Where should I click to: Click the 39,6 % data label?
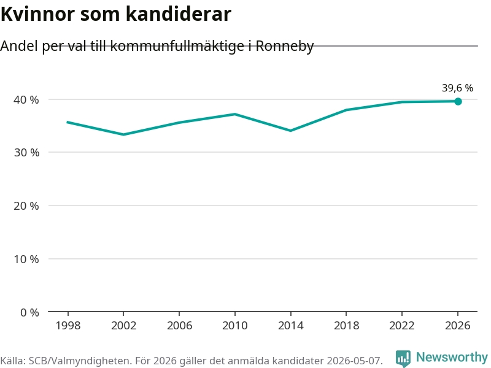(457, 88)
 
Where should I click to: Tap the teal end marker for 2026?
(458, 101)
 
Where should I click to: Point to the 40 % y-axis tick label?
(26, 100)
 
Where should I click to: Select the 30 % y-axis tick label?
(26, 152)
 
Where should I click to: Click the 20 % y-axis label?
(26, 206)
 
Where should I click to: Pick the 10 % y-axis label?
(26, 259)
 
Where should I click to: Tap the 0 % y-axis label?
(29, 312)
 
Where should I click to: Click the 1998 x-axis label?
(68, 326)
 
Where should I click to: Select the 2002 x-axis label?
(124, 326)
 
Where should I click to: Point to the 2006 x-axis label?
(179, 326)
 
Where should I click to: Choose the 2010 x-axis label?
(235, 326)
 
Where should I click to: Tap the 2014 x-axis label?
(290, 326)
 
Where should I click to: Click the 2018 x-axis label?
(346, 326)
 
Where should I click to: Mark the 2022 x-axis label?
(402, 326)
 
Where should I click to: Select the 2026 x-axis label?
(457, 326)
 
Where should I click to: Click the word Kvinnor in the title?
(38, 14)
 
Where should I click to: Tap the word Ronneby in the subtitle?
(285, 47)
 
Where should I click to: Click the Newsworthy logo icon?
(403, 358)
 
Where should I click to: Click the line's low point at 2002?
(124, 134)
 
